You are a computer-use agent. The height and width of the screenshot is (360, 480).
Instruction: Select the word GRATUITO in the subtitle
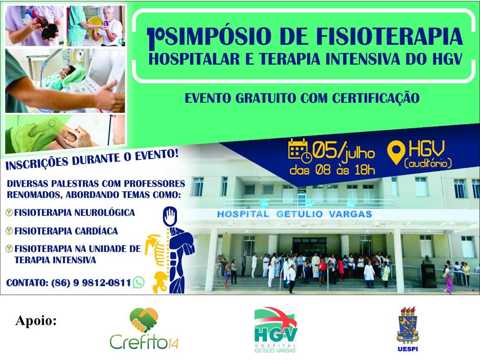(x=266, y=99)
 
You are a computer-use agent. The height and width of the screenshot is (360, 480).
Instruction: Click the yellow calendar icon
(x=300, y=150)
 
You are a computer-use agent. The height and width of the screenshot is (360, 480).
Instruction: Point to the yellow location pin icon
(x=396, y=152)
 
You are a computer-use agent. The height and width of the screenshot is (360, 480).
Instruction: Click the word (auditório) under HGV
(x=428, y=163)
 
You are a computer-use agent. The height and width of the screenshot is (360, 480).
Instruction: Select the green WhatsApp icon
(x=139, y=282)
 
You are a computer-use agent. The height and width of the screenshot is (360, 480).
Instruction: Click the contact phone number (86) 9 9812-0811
(x=91, y=283)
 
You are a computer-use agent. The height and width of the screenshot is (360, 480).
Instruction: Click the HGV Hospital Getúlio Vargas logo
(x=275, y=330)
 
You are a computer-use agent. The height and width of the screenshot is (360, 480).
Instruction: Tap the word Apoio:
(x=36, y=321)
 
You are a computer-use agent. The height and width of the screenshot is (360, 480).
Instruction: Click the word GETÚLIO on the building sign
(x=299, y=214)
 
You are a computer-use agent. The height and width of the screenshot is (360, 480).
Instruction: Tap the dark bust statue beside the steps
(x=428, y=271)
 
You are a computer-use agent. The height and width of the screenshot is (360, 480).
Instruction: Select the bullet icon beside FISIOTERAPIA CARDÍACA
(x=10, y=231)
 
